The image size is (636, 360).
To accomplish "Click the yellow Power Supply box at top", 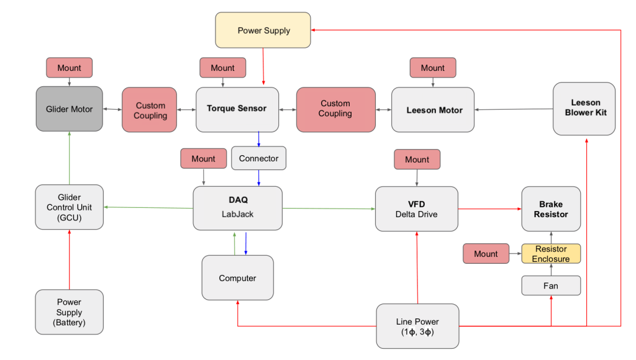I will point(263,30).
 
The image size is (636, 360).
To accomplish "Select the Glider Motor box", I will point(69,109).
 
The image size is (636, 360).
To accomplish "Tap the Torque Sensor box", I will point(237,109).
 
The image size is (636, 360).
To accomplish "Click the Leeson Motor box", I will point(433,110).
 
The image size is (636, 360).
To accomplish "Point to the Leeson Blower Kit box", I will point(584,108).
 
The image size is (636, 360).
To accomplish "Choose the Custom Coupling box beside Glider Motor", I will point(150,110).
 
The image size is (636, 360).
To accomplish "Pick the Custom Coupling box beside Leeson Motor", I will point(335,109).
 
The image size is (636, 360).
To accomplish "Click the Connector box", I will point(258,158).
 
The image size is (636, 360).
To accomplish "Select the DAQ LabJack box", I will point(237,209).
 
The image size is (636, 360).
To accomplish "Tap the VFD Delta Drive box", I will point(417,209).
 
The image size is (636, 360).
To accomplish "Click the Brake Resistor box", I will point(551,209).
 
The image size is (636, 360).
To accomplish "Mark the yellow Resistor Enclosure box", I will point(551,253).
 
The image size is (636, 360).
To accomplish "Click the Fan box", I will point(551,286).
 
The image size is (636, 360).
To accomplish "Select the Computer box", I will point(237,277).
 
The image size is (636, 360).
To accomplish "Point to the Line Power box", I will point(417,326).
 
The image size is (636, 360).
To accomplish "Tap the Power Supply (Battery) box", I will point(69,312).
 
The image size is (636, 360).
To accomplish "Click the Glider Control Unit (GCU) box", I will point(69,207).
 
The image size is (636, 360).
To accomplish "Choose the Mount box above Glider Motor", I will point(69,68).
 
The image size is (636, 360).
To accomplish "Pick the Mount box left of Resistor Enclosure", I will point(486,253).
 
